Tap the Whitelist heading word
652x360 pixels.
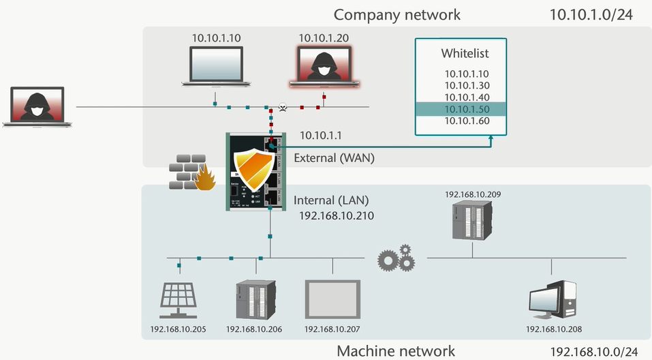pos(465,53)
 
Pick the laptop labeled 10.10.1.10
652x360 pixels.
pos(215,66)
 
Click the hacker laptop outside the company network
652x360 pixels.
pos(37,106)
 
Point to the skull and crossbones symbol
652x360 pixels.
pos(283,108)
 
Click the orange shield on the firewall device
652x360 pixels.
pos(253,170)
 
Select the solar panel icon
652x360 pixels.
pos(178,299)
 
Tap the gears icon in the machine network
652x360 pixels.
pos(397,258)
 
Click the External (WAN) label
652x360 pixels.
pos(334,158)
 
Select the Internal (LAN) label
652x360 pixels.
pos(331,200)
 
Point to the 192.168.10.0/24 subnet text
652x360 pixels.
pos(593,351)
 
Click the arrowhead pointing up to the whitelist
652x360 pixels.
pos(491,140)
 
